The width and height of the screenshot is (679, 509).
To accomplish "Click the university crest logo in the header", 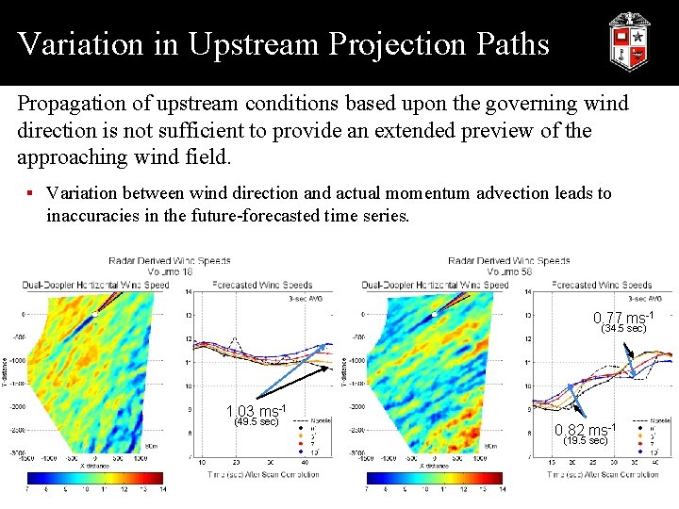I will [x=629, y=41].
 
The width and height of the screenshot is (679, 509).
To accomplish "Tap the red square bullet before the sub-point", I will [x=30, y=193].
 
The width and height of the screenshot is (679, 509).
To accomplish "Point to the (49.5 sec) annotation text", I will [x=255, y=422].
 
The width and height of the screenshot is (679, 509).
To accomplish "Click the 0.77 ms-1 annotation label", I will [x=622, y=318].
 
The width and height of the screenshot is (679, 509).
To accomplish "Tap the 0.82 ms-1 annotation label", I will [x=585, y=430].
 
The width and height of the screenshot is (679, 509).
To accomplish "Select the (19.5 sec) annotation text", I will [x=585, y=440].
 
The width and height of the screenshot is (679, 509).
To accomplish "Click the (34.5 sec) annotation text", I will [x=623, y=329].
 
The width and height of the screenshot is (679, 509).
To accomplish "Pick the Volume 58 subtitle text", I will [x=509, y=271].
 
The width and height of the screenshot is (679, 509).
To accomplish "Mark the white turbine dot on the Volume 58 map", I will [x=433, y=315].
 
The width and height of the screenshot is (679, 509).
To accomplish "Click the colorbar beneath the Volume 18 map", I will [x=94, y=478].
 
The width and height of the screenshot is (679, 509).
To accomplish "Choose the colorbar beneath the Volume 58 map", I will [x=434, y=478].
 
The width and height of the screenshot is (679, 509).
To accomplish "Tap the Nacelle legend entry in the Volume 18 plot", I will [x=318, y=419].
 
